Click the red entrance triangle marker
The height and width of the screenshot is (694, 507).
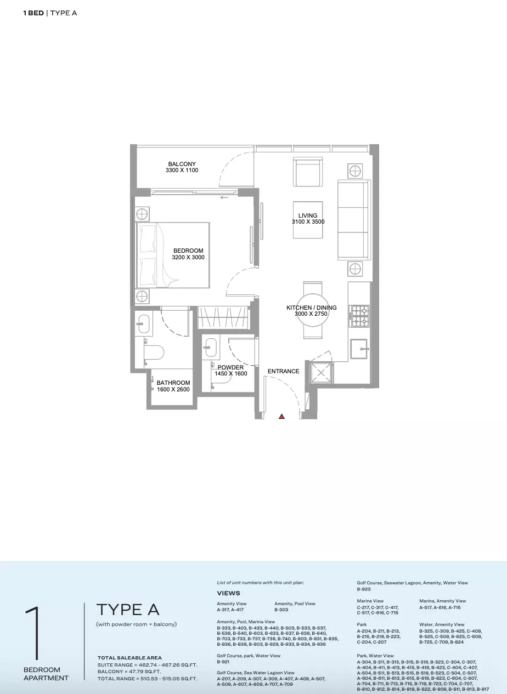(x=281, y=417)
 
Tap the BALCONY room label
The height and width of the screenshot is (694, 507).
(x=182, y=164)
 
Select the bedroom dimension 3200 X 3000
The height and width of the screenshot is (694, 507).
(x=188, y=257)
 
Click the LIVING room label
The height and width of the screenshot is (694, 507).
(x=308, y=215)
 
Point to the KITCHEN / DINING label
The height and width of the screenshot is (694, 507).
(x=311, y=308)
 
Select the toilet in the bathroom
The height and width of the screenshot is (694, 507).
(x=154, y=352)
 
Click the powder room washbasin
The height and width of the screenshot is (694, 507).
(x=211, y=347)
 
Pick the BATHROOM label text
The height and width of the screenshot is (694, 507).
(x=173, y=383)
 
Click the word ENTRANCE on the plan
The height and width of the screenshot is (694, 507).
(x=284, y=371)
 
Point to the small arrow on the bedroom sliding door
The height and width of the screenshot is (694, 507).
(x=224, y=197)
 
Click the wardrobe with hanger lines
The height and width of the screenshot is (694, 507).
(x=223, y=317)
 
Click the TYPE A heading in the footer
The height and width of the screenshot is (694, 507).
(x=128, y=610)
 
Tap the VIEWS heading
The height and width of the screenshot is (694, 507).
(x=229, y=593)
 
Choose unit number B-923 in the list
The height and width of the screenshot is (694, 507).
(x=364, y=589)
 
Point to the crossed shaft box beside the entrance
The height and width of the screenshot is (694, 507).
(x=321, y=372)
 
